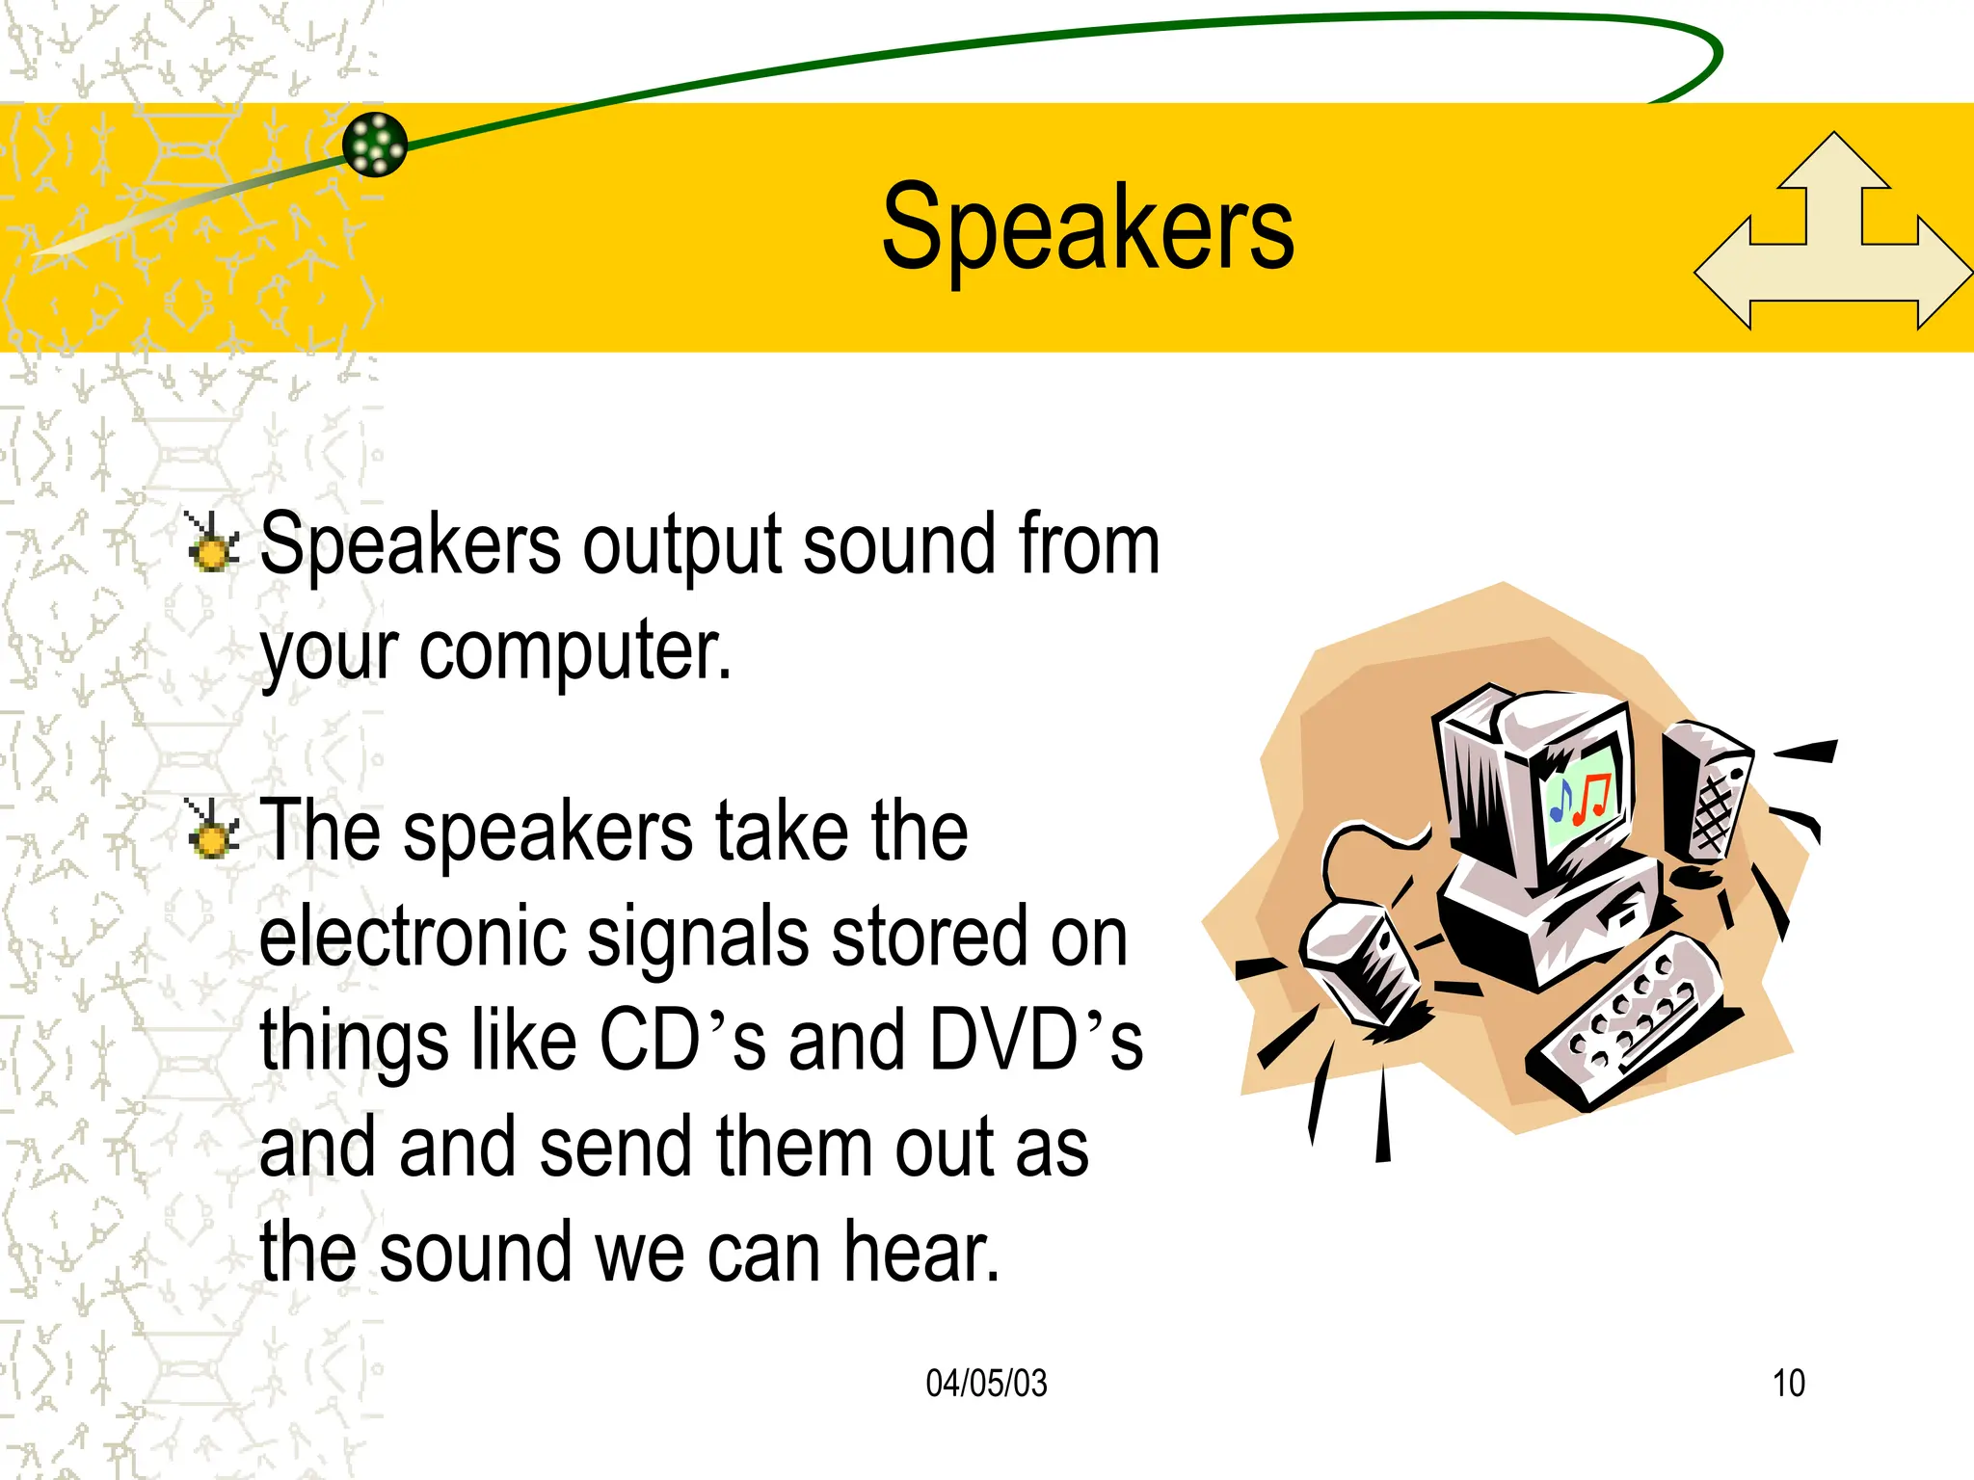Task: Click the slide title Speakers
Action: [x=1087, y=229]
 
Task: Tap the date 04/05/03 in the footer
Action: [x=985, y=1384]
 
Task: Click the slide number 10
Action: [x=1788, y=1384]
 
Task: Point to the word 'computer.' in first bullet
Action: [x=574, y=650]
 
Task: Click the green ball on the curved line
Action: [x=375, y=145]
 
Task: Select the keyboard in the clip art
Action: [x=1629, y=1021]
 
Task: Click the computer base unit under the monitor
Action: [x=1552, y=915]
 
